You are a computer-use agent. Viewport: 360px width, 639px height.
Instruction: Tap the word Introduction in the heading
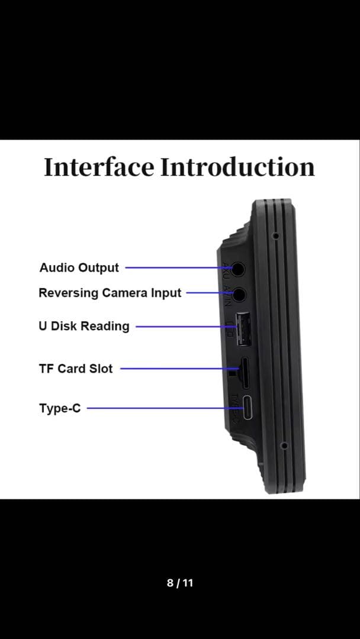tap(237, 167)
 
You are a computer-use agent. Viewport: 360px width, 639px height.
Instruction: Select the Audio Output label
tap(79, 267)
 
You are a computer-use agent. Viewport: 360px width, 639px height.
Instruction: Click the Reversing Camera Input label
tap(110, 293)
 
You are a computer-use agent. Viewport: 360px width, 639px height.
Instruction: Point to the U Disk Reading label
tap(83, 326)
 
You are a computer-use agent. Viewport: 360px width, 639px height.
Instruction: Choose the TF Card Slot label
tap(75, 369)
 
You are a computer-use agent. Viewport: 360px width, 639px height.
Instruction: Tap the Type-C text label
tap(60, 408)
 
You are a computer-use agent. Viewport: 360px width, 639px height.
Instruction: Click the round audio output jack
tap(238, 269)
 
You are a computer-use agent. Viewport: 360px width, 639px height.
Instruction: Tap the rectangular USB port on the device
tap(242, 329)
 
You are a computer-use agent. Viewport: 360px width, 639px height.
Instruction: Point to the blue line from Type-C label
tap(160, 408)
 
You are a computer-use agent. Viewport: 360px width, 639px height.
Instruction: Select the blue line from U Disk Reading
tap(184, 326)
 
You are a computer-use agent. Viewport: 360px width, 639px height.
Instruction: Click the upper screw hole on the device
tap(276, 235)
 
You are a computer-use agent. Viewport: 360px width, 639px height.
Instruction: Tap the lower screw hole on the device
tap(284, 445)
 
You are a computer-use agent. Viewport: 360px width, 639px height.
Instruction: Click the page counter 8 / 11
tap(180, 583)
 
